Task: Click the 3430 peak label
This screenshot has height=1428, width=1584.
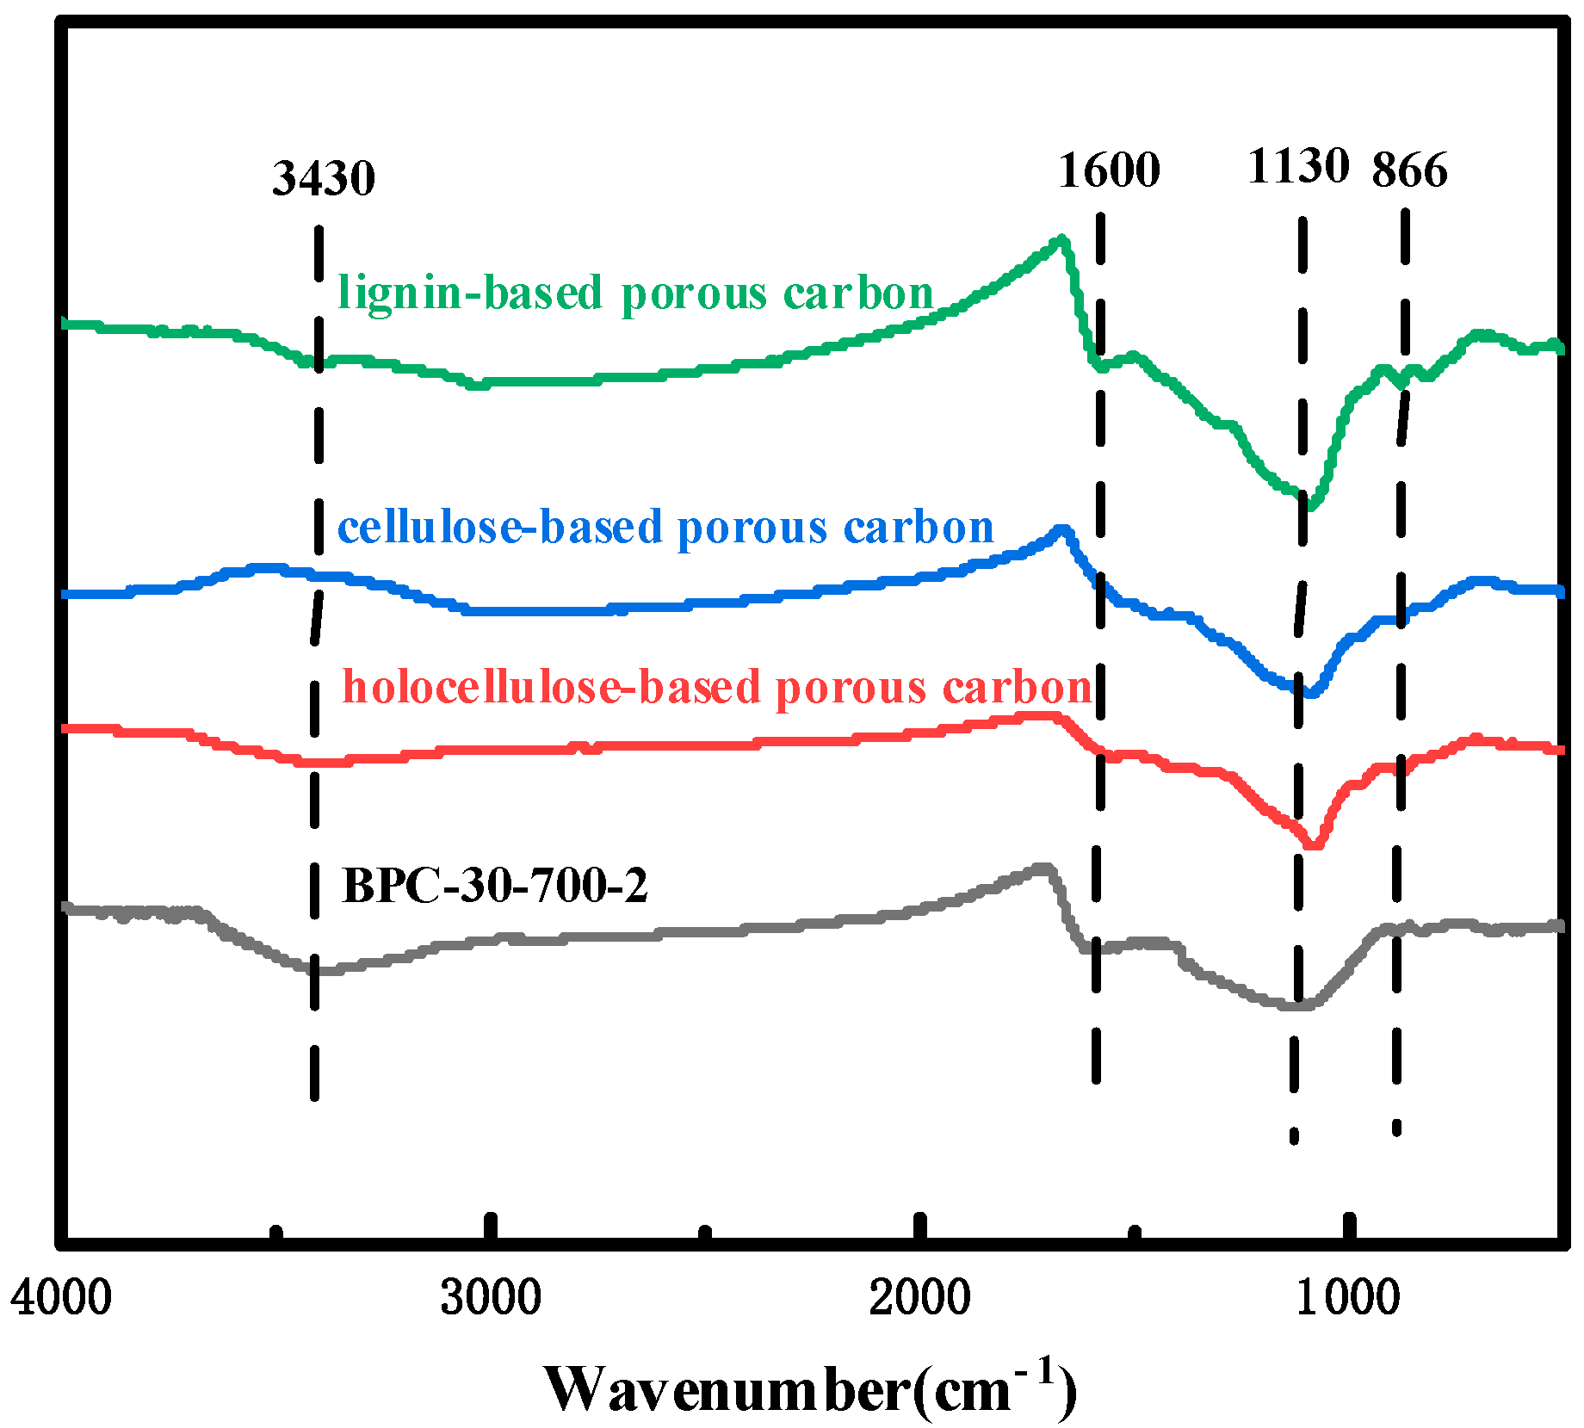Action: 324,178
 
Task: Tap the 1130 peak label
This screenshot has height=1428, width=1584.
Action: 1298,165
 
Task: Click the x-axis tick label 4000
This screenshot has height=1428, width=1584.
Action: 61,1296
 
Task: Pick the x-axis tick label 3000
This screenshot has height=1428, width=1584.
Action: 490,1296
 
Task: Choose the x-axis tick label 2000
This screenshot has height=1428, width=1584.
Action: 919,1296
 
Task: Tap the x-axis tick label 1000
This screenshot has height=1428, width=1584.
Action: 1348,1296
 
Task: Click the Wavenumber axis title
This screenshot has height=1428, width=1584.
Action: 809,1388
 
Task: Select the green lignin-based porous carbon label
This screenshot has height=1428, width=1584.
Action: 635,294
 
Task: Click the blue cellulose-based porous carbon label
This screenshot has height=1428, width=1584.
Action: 665,527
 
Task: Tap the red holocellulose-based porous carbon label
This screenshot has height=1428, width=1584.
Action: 717,687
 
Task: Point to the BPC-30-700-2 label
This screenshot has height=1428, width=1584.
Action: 494,884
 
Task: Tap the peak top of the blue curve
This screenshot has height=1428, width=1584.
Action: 1062,530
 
